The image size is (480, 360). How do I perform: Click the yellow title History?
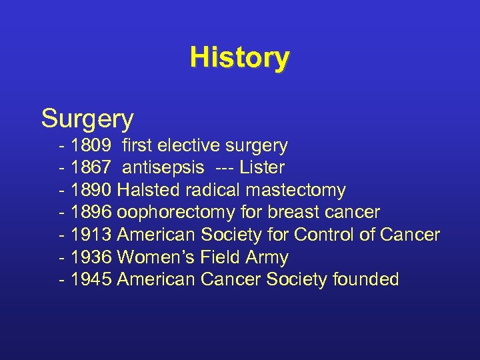[x=239, y=57]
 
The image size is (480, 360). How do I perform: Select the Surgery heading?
[x=87, y=119]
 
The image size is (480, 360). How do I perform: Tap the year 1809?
[x=91, y=145]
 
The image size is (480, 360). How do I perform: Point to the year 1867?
[x=91, y=168]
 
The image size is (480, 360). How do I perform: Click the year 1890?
[x=91, y=191]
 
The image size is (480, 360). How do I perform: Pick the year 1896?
[x=91, y=213]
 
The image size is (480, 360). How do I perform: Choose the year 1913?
[x=91, y=235]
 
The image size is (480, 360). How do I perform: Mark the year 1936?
[x=91, y=257]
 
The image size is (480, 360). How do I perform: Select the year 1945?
[x=91, y=280]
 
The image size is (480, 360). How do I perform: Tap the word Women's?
[x=158, y=257]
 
